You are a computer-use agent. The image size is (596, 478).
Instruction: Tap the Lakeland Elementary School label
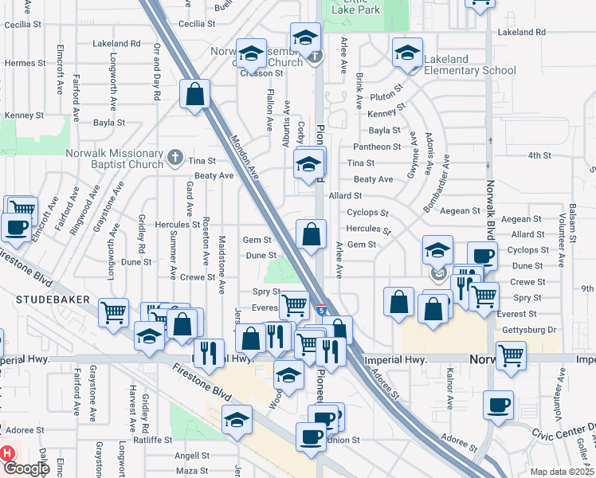(x=469, y=65)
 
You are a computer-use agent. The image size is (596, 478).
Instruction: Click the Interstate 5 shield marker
(x=320, y=307)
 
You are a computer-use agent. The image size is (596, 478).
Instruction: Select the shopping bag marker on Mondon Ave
(x=195, y=95)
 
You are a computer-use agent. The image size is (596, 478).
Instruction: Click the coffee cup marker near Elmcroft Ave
(x=16, y=226)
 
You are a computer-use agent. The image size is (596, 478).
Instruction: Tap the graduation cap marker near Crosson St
(x=252, y=53)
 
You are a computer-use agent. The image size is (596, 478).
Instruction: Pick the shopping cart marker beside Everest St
(x=295, y=304)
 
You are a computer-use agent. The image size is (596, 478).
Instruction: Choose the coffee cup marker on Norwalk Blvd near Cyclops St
(x=482, y=256)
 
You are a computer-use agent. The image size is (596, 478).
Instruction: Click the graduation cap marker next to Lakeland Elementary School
(x=407, y=53)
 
